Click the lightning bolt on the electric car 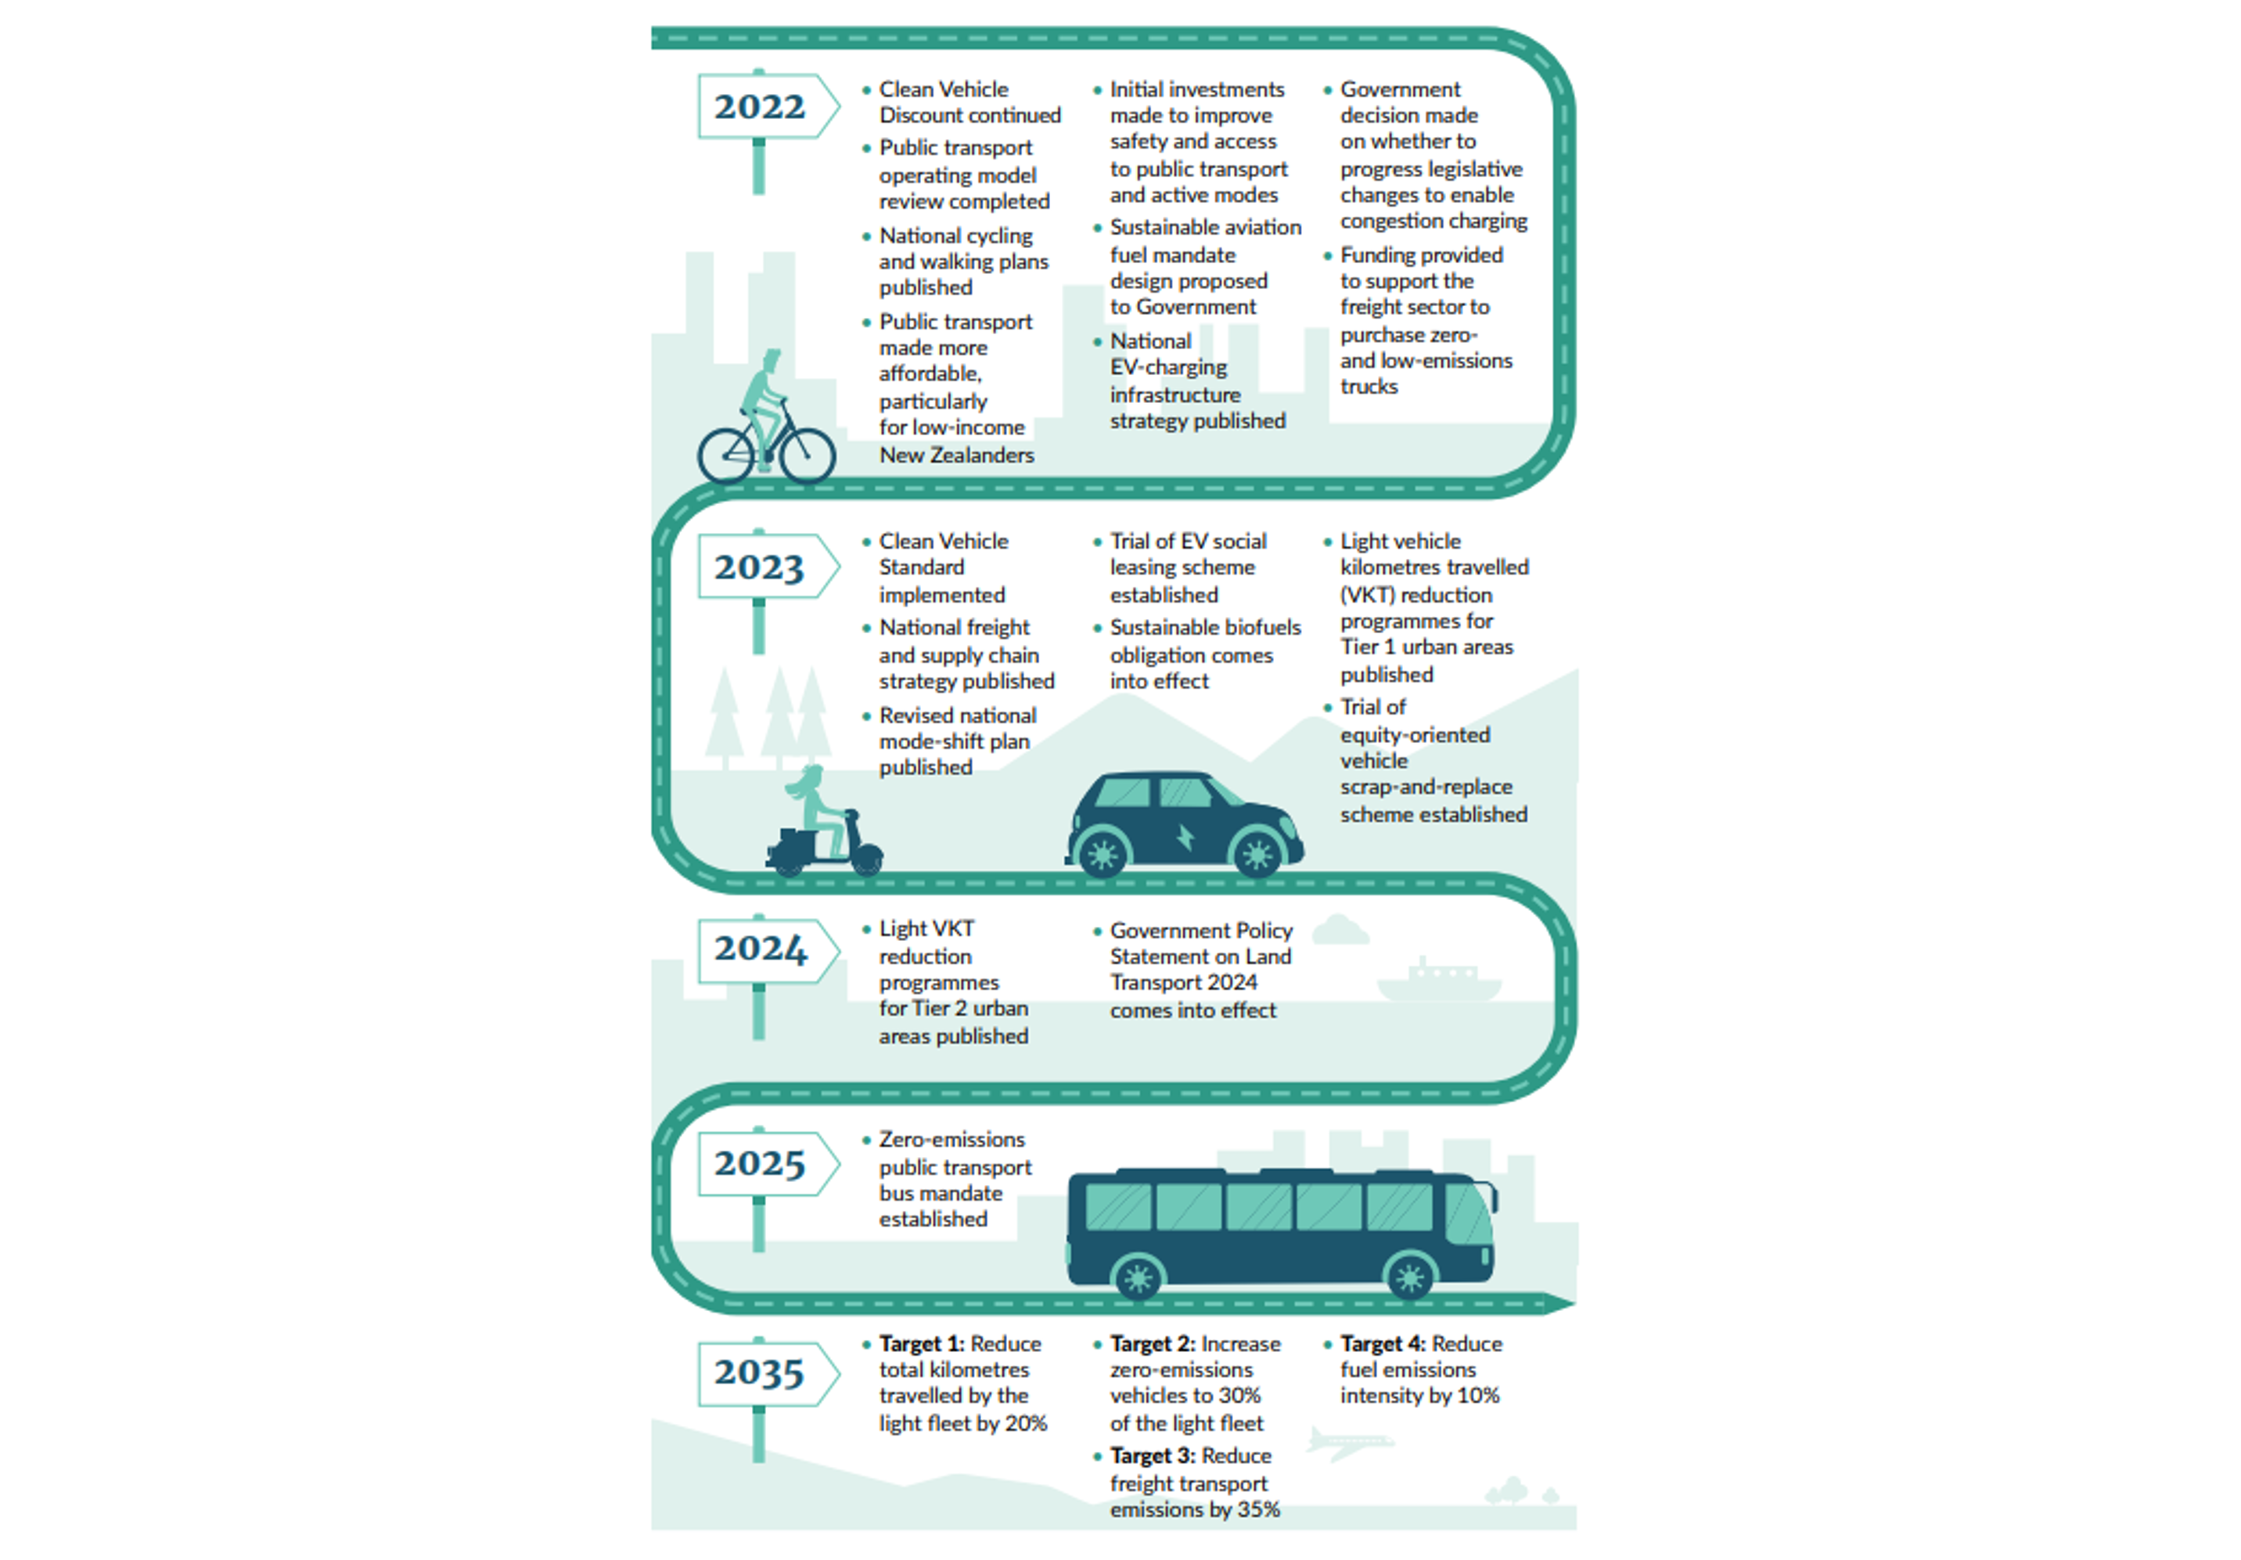coord(1185,838)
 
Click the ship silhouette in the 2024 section coord(1439,982)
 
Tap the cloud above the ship coord(1340,931)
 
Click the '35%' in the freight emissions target coord(1258,1509)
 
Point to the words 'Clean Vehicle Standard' coord(943,554)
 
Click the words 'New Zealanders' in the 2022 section coord(956,455)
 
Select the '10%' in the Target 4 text coord(1478,1396)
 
